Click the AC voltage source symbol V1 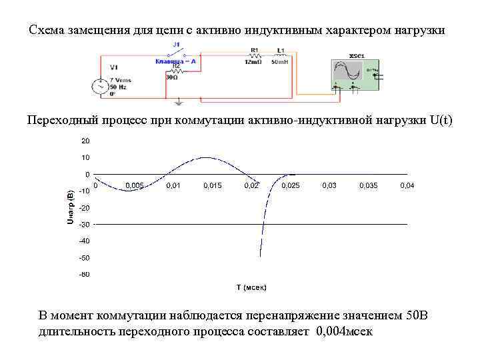(101, 86)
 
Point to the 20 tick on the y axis (85, 141)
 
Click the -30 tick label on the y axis (84, 225)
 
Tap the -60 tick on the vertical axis (84, 274)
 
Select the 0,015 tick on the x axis (213, 185)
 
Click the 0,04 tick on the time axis (407, 185)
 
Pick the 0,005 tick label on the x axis (134, 185)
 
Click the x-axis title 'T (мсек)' (251, 287)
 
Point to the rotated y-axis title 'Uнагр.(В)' (70, 204)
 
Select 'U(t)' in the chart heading (441, 120)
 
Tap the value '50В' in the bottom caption (420, 315)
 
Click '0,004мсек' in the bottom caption (345, 331)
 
